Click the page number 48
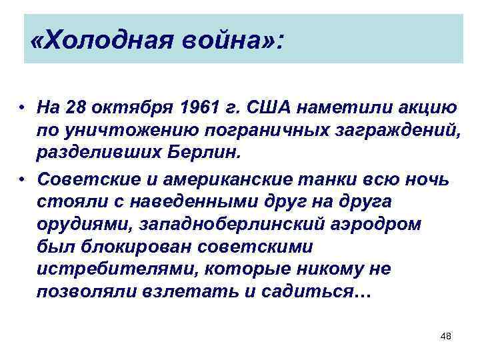tap(446, 337)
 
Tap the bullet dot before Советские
tap(23, 181)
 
